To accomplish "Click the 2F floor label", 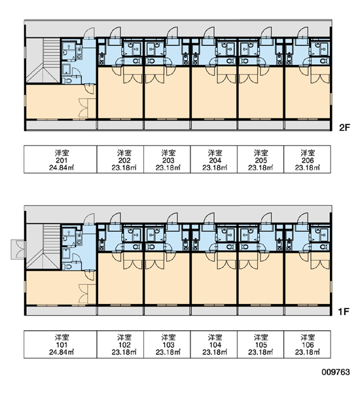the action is (344, 128).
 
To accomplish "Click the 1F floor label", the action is (344, 312).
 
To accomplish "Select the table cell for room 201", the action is (60, 159).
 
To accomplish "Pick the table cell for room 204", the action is (213, 159).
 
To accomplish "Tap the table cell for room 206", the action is (307, 159).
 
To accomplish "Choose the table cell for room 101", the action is (60, 344).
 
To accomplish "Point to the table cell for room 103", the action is (167, 344).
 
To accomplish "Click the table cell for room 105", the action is (261, 344).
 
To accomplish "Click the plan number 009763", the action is (336, 372).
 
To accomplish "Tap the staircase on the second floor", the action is (44, 60).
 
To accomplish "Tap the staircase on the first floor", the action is (44, 247).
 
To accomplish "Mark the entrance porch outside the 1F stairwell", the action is (18, 250).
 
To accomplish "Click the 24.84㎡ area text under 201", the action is (62, 168).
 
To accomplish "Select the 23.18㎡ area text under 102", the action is (124, 352).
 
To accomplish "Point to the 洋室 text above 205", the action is (261, 153).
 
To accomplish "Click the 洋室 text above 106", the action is (308, 337).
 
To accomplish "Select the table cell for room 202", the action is (120, 159).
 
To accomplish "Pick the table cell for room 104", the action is (213, 344).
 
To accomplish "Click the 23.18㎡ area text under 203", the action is (168, 168).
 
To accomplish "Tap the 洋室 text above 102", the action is (124, 337).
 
